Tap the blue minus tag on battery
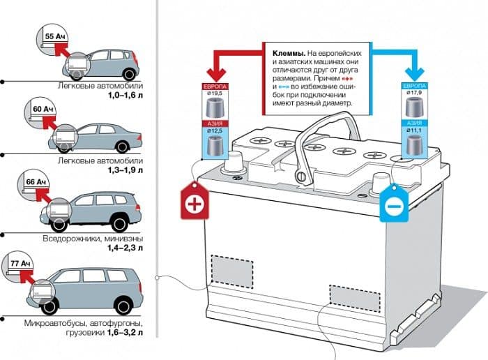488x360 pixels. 392,204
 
